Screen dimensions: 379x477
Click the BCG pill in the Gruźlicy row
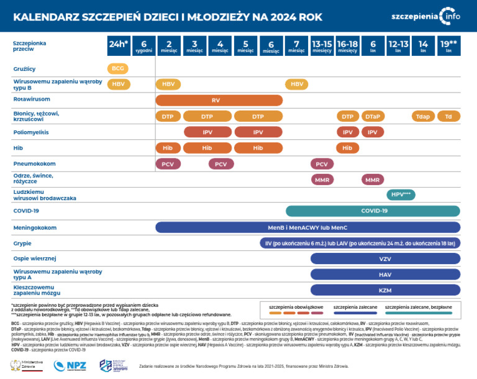coord(117,68)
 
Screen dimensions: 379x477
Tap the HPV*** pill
coord(401,195)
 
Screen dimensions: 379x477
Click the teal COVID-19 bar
coord(373,211)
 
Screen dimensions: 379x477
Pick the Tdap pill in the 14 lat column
coord(423,116)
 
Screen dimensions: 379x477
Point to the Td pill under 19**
coord(448,116)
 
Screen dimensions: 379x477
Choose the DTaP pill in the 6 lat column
coord(373,116)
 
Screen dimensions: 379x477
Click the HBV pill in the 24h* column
coord(117,84)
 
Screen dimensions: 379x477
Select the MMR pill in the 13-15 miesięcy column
coord(322,180)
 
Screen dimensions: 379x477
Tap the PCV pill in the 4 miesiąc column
coord(220,164)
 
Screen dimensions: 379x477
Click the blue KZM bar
coord(385,290)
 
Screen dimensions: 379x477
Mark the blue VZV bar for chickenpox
coord(385,258)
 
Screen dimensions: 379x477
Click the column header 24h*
coord(118,45)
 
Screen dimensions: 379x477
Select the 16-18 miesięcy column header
coord(347,45)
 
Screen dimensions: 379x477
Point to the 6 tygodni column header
coord(143,45)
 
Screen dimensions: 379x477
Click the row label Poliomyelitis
coord(31,132)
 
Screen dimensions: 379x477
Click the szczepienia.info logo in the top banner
coord(426,16)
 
